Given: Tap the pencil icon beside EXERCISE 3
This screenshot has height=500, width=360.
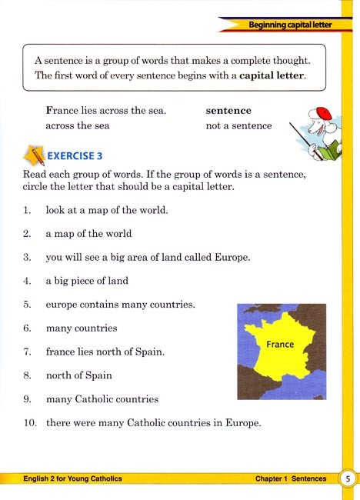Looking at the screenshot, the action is [x=34, y=155].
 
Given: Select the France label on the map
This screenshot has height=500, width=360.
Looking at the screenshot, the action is [x=279, y=344].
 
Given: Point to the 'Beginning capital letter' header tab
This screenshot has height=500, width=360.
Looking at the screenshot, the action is [x=290, y=25].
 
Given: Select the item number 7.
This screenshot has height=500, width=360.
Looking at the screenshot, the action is [x=27, y=352].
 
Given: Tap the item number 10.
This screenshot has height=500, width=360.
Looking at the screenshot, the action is [x=28, y=423].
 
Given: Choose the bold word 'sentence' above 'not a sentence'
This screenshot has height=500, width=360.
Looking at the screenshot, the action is [x=228, y=110].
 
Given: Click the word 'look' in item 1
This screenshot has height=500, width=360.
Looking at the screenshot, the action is [x=55, y=209].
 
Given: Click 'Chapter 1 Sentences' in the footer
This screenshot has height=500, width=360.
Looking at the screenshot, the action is [x=291, y=479].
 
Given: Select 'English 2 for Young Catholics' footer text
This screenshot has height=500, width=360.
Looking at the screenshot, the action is [x=67, y=479].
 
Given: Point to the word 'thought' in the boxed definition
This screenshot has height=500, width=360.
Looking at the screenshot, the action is [x=290, y=59].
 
